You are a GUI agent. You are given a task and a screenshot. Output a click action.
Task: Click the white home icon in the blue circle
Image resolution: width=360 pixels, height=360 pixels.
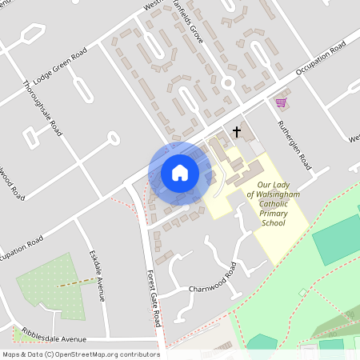coord(180,172)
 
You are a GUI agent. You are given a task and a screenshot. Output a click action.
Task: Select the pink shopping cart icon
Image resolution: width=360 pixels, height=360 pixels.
coord(281,102)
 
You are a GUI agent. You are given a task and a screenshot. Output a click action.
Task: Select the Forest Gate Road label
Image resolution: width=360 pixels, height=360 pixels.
coord(154,296)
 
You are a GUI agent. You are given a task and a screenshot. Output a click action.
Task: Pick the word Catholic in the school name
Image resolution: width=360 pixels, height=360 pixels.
coord(268,205)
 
